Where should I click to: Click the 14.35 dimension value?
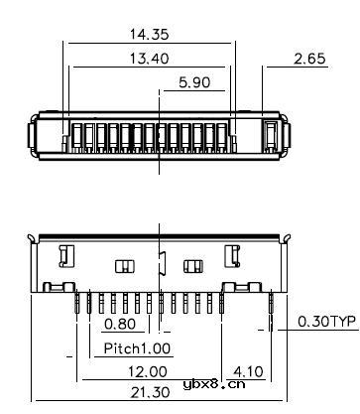pyautogui.click(x=149, y=34)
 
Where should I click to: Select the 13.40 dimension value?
pyautogui.click(x=149, y=59)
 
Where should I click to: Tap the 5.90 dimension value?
pyautogui.click(x=194, y=82)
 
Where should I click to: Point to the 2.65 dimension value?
pyautogui.click(x=309, y=59)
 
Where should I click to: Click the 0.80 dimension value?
pyautogui.click(x=120, y=324)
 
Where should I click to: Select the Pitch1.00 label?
pyautogui.click(x=137, y=348)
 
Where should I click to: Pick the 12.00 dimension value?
pyautogui.click(x=148, y=371)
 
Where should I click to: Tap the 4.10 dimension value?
pyautogui.click(x=248, y=371)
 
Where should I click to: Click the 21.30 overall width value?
pyautogui.click(x=151, y=393)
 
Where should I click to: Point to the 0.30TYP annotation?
pyautogui.click(x=327, y=322)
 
